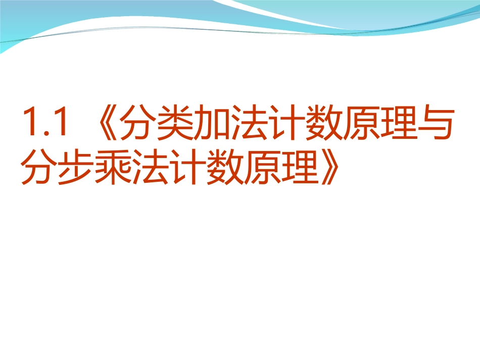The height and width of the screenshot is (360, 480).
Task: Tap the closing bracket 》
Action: click(328, 169)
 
